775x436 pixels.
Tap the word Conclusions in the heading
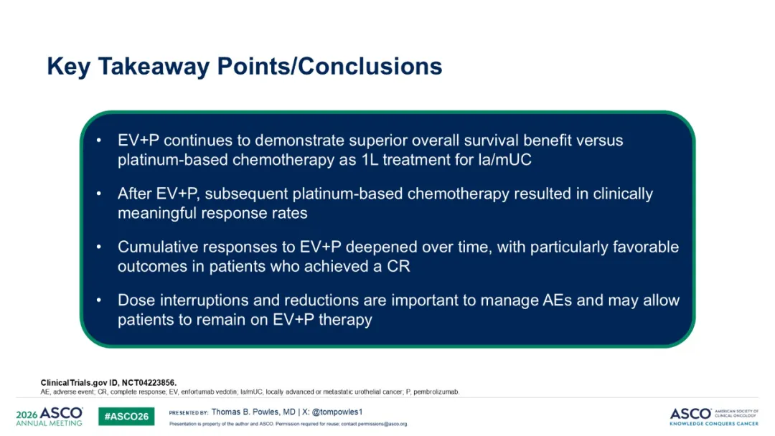(x=370, y=66)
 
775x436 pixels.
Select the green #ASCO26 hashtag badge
(x=126, y=416)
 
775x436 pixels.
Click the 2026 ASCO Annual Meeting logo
(x=50, y=416)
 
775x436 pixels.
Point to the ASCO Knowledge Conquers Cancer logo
(x=714, y=417)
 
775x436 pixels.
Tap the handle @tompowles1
(x=337, y=412)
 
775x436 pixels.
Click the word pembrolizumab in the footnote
(x=436, y=392)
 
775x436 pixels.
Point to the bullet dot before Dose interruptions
(x=99, y=300)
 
